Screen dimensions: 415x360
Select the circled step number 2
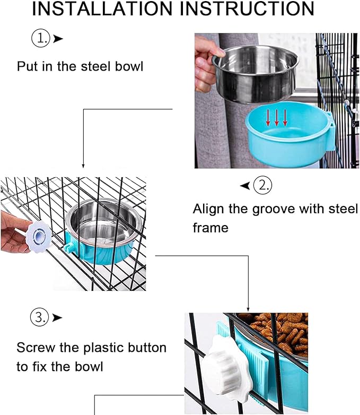pyautogui.click(x=262, y=185)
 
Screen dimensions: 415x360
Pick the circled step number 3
pyautogui.click(x=39, y=317)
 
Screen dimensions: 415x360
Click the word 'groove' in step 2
pyautogui.click(x=260, y=209)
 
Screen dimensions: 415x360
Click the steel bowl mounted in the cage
pyautogui.click(x=103, y=223)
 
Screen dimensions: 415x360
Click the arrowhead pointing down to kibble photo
pyautogui.click(x=248, y=308)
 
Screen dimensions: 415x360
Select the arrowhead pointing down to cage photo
pyautogui.click(x=83, y=166)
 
